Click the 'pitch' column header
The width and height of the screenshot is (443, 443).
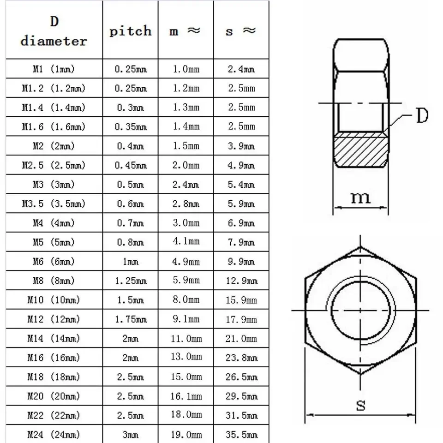point(130,31)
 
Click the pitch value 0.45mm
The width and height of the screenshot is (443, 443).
point(130,165)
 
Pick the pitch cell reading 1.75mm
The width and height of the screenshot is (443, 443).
point(130,319)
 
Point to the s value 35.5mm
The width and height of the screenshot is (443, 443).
point(241,435)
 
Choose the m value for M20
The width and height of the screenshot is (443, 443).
point(186,396)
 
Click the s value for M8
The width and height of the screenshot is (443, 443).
point(241,281)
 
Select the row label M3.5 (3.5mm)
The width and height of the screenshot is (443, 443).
point(54,204)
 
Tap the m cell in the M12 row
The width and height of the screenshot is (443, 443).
point(186,319)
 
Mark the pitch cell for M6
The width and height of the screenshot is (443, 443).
point(130,262)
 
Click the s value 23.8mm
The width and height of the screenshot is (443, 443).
point(241,358)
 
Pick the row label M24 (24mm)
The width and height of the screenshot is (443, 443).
point(54,435)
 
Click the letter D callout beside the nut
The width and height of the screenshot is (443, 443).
point(422,116)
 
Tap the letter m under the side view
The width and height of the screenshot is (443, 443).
point(360,198)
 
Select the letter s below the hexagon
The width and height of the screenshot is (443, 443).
point(360,405)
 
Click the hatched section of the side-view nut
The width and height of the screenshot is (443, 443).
point(360,150)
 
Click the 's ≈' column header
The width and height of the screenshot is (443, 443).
point(241,31)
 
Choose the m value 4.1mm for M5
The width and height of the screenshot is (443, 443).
point(186,242)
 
